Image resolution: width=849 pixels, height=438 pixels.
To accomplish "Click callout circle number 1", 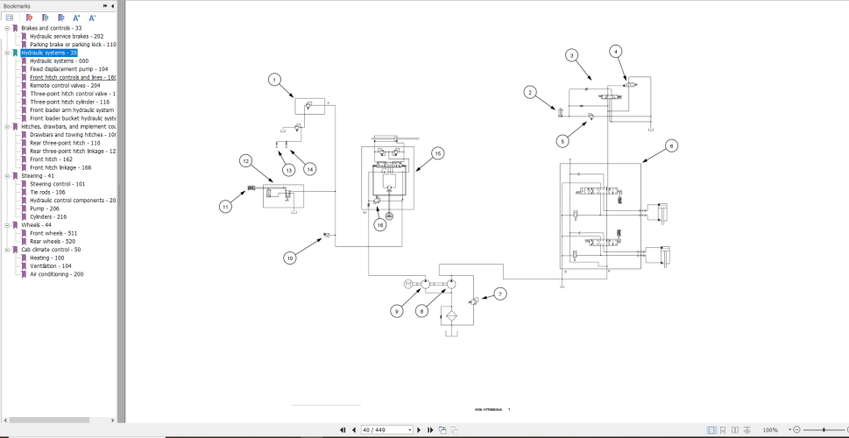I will (274, 80).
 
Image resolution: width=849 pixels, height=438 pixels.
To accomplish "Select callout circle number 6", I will (671, 145).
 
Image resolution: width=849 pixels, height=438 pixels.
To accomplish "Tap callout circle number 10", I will (289, 258).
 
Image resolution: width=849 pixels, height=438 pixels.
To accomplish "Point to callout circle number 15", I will (437, 152).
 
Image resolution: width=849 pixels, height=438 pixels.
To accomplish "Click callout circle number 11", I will (225, 207).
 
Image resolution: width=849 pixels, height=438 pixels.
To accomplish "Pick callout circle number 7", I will (500, 293).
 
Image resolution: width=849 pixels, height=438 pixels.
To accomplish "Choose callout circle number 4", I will (616, 51).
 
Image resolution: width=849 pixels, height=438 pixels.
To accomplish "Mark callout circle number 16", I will (380, 225).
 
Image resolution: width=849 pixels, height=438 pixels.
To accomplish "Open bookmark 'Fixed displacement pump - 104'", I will (69, 69).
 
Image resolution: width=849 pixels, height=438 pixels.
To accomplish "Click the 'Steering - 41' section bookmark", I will (38, 176).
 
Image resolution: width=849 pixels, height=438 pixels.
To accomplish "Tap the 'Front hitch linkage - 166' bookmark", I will (60, 167).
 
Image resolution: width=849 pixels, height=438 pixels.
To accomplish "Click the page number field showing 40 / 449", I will (386, 430).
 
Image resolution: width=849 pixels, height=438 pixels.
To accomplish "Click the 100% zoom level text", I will (770, 430).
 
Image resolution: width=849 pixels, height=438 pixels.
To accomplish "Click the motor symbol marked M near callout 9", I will (407, 284).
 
